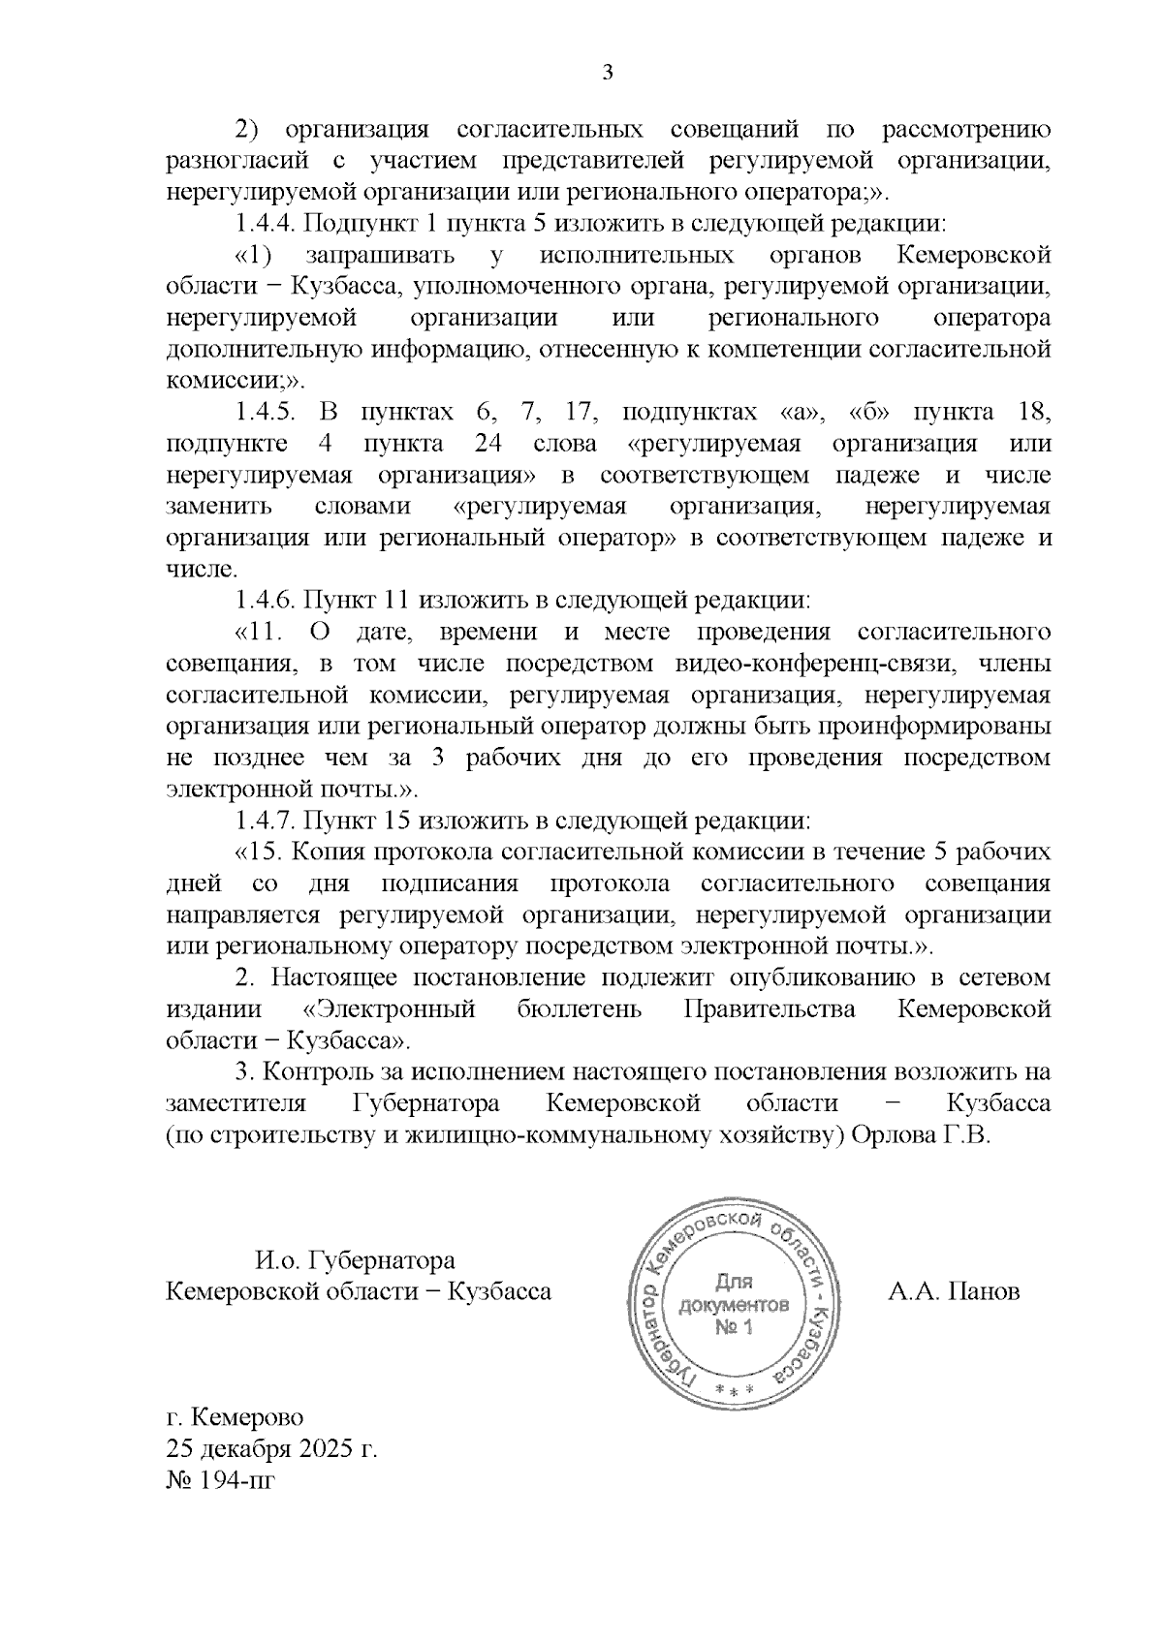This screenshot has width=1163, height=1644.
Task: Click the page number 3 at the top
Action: [609, 74]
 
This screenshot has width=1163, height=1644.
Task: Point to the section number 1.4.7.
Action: [265, 821]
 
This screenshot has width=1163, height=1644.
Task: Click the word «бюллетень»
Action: [579, 1009]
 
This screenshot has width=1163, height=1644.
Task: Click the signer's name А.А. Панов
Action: [954, 1291]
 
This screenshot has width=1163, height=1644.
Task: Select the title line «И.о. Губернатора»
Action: [355, 1260]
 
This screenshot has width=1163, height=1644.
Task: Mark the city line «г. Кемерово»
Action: [236, 1417]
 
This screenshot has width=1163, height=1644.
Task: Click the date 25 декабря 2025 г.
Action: [271, 1449]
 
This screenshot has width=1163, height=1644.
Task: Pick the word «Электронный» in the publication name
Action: [389, 1009]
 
